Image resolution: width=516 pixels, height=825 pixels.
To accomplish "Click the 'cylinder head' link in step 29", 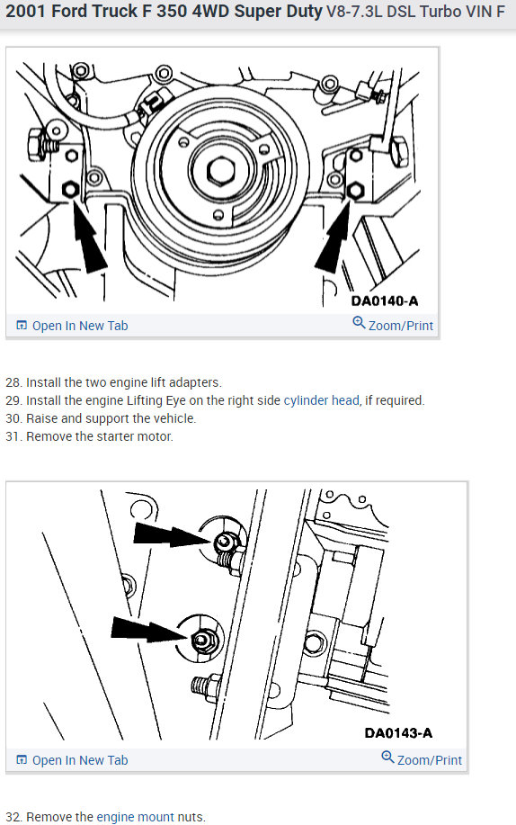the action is (322, 400).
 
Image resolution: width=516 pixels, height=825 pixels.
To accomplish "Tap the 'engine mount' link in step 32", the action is (135, 817).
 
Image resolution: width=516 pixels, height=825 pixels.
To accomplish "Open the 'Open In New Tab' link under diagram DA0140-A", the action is (73, 326).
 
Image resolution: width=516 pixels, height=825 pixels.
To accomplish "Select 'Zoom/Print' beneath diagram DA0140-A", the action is (394, 325).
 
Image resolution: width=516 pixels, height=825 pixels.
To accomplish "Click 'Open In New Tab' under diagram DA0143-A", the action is (73, 760).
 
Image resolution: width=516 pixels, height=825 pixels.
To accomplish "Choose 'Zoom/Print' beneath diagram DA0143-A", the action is (422, 759).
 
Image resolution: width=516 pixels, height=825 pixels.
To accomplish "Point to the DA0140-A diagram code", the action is (385, 301).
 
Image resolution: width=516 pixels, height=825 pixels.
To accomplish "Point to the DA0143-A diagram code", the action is (398, 733).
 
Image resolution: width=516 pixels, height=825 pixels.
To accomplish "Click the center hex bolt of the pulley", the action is (220, 171).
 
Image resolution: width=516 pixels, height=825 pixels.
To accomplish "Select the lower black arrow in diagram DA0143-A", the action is (151, 629).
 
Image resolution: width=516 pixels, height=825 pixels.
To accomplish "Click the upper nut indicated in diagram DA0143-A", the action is (225, 542).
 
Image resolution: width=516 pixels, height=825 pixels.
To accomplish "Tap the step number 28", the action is (14, 382).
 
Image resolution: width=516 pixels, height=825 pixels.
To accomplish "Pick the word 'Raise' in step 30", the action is (42, 418).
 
